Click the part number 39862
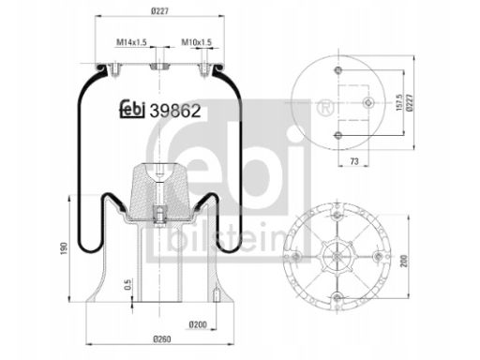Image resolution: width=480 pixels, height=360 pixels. [175, 111]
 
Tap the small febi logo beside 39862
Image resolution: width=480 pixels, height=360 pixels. [132, 109]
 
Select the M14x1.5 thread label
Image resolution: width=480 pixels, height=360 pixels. [131, 42]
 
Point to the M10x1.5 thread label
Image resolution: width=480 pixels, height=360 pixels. [197, 42]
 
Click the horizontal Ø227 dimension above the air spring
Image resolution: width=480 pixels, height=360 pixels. [159, 11]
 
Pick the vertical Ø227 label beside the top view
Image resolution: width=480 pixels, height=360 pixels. [410, 103]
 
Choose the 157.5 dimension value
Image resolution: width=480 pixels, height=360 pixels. [399, 102]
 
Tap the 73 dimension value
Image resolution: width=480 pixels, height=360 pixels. [354, 161]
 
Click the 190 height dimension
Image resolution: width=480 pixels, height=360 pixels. [64, 248]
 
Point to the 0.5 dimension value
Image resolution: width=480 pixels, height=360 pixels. [128, 284]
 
